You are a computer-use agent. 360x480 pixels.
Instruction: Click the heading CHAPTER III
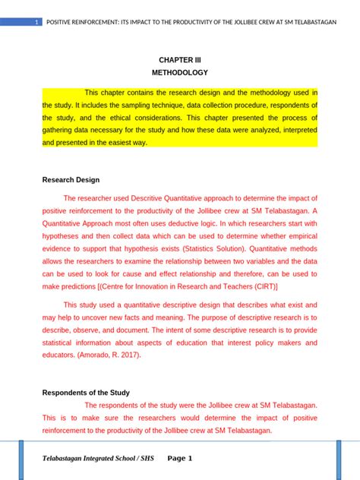click(x=179, y=59)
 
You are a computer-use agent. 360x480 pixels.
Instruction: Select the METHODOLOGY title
click(x=179, y=73)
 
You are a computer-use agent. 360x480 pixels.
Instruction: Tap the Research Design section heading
click(x=71, y=180)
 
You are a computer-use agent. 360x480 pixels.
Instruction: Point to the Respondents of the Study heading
click(x=86, y=393)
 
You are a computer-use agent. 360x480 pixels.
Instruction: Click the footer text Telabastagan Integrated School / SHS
click(x=96, y=459)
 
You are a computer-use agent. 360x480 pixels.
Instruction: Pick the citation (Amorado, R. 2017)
click(x=111, y=355)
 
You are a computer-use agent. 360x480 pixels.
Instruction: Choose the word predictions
click(x=77, y=287)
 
